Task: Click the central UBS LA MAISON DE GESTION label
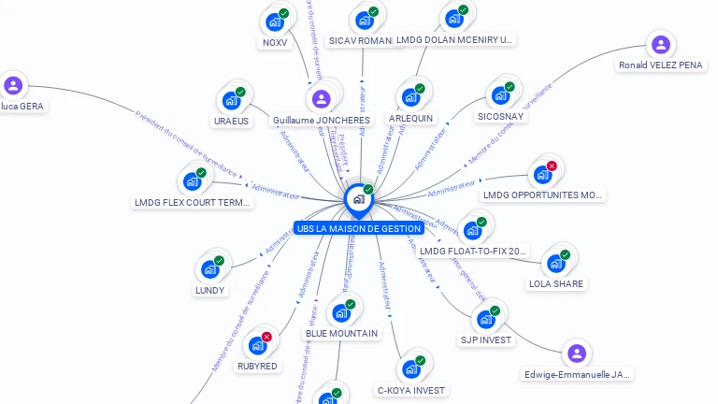click(359, 228)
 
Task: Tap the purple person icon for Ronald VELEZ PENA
click(661, 44)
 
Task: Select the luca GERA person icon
click(13, 86)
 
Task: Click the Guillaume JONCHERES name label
click(322, 121)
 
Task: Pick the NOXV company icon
click(274, 22)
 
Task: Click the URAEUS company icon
click(231, 100)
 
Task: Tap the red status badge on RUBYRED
click(266, 337)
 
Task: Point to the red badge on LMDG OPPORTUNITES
click(552, 166)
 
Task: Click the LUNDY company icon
click(209, 269)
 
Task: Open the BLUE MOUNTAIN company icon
click(341, 312)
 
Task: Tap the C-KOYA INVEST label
click(411, 390)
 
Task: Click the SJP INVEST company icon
click(485, 319)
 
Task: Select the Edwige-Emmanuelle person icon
click(577, 353)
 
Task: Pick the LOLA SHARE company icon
click(555, 263)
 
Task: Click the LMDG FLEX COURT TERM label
click(193, 202)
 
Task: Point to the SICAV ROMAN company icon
click(364, 20)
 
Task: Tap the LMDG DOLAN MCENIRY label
click(453, 40)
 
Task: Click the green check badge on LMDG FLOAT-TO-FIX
click(481, 223)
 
